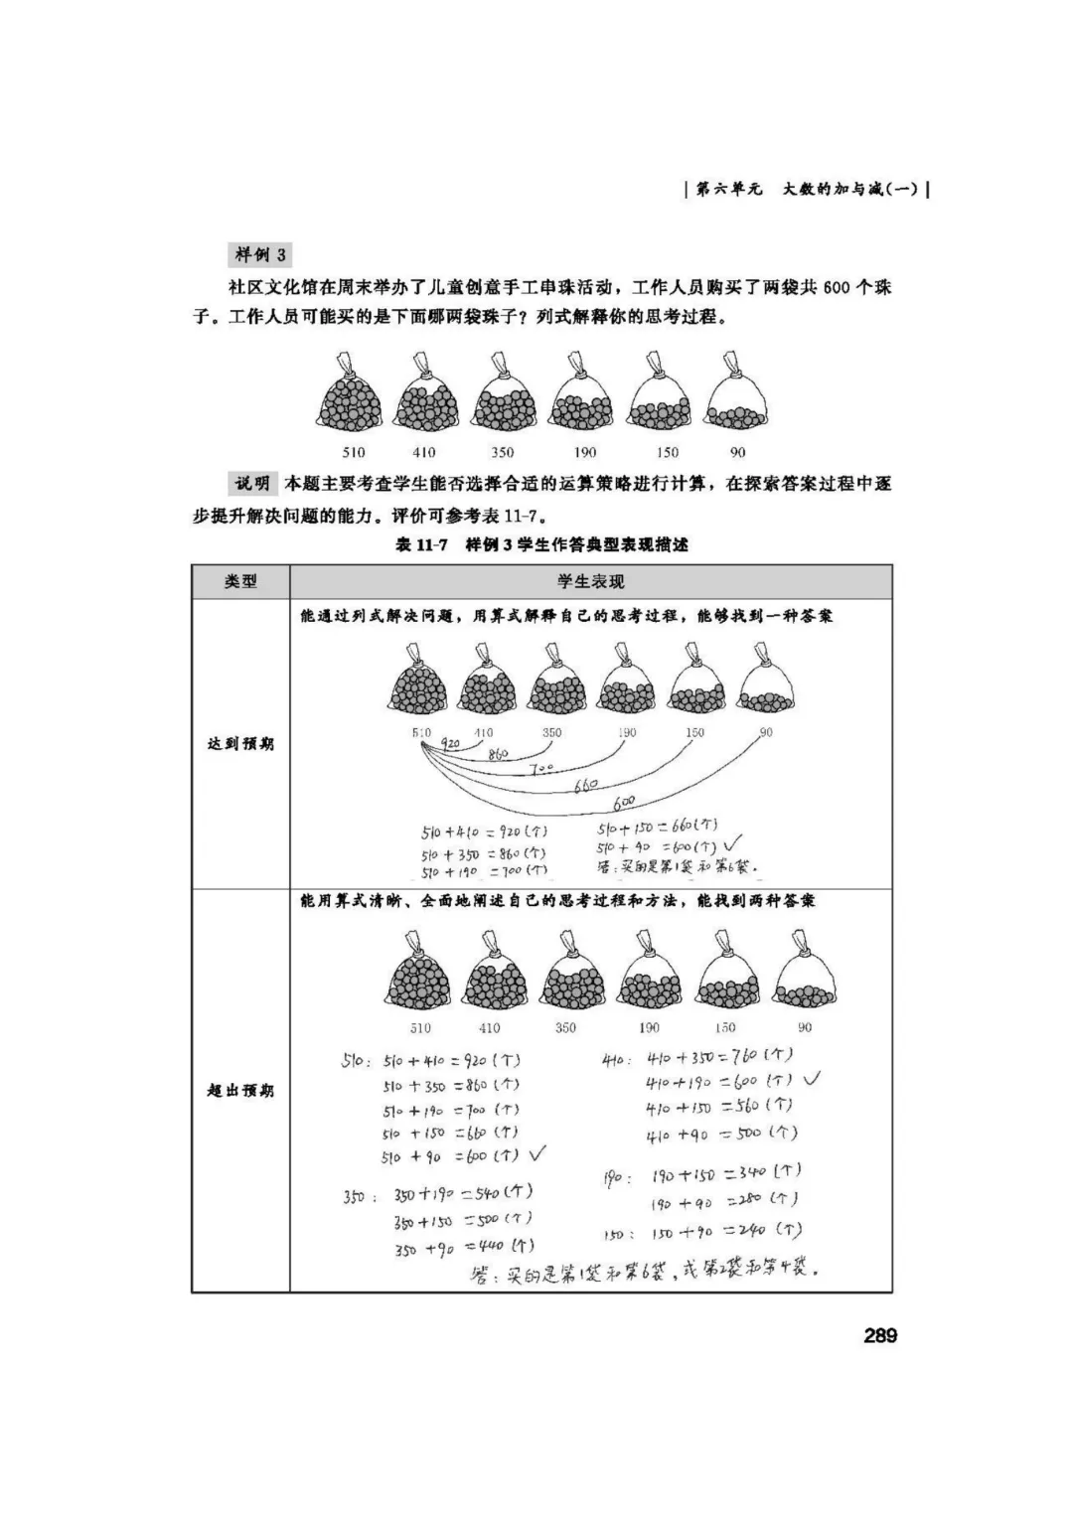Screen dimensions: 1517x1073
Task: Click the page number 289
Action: [x=880, y=1335]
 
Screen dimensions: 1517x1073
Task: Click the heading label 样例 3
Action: [x=260, y=254]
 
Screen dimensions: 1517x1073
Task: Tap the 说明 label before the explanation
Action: [x=252, y=484]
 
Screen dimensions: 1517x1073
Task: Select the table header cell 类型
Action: [x=240, y=582]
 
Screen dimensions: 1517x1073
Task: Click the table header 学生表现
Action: [x=590, y=582]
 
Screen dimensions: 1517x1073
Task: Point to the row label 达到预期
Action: [x=240, y=744]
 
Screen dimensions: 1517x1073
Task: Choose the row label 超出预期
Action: [x=240, y=1091]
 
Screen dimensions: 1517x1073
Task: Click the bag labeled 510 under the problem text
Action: [x=352, y=399]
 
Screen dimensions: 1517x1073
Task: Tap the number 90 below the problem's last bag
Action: [x=737, y=453]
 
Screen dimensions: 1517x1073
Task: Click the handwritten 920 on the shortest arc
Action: [x=450, y=742]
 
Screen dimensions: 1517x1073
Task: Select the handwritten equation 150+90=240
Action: [x=725, y=1232]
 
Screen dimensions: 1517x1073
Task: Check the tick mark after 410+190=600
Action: [x=811, y=1078]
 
